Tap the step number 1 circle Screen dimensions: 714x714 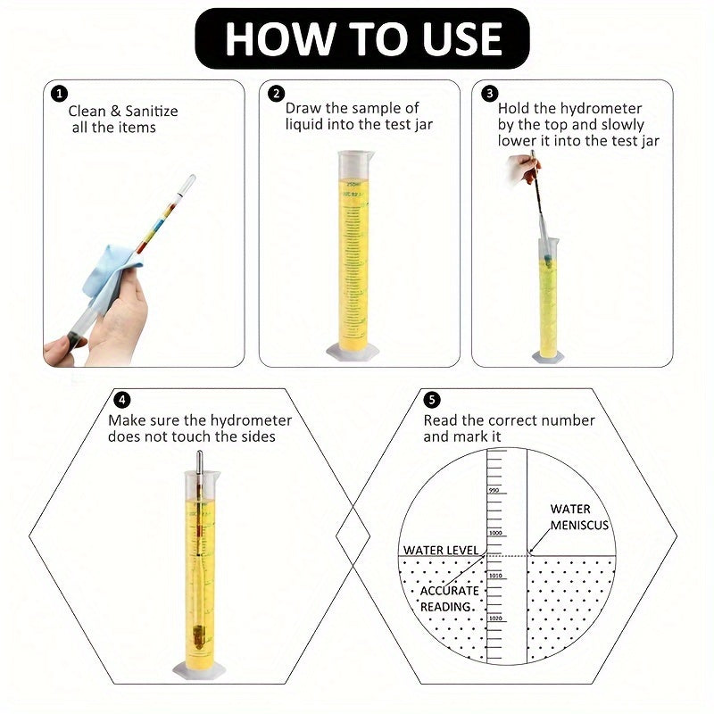(59, 93)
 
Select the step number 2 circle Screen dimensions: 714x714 (278, 93)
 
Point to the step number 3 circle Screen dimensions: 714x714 (489, 93)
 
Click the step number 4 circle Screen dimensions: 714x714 (122, 400)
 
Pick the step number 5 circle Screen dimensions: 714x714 (433, 400)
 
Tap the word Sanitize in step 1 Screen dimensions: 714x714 (148, 112)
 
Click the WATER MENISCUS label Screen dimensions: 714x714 (575, 517)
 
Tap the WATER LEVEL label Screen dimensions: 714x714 (440, 550)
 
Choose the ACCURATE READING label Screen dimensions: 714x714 (449, 598)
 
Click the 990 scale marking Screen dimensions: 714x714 (494, 491)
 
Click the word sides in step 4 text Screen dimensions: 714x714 (255, 436)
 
